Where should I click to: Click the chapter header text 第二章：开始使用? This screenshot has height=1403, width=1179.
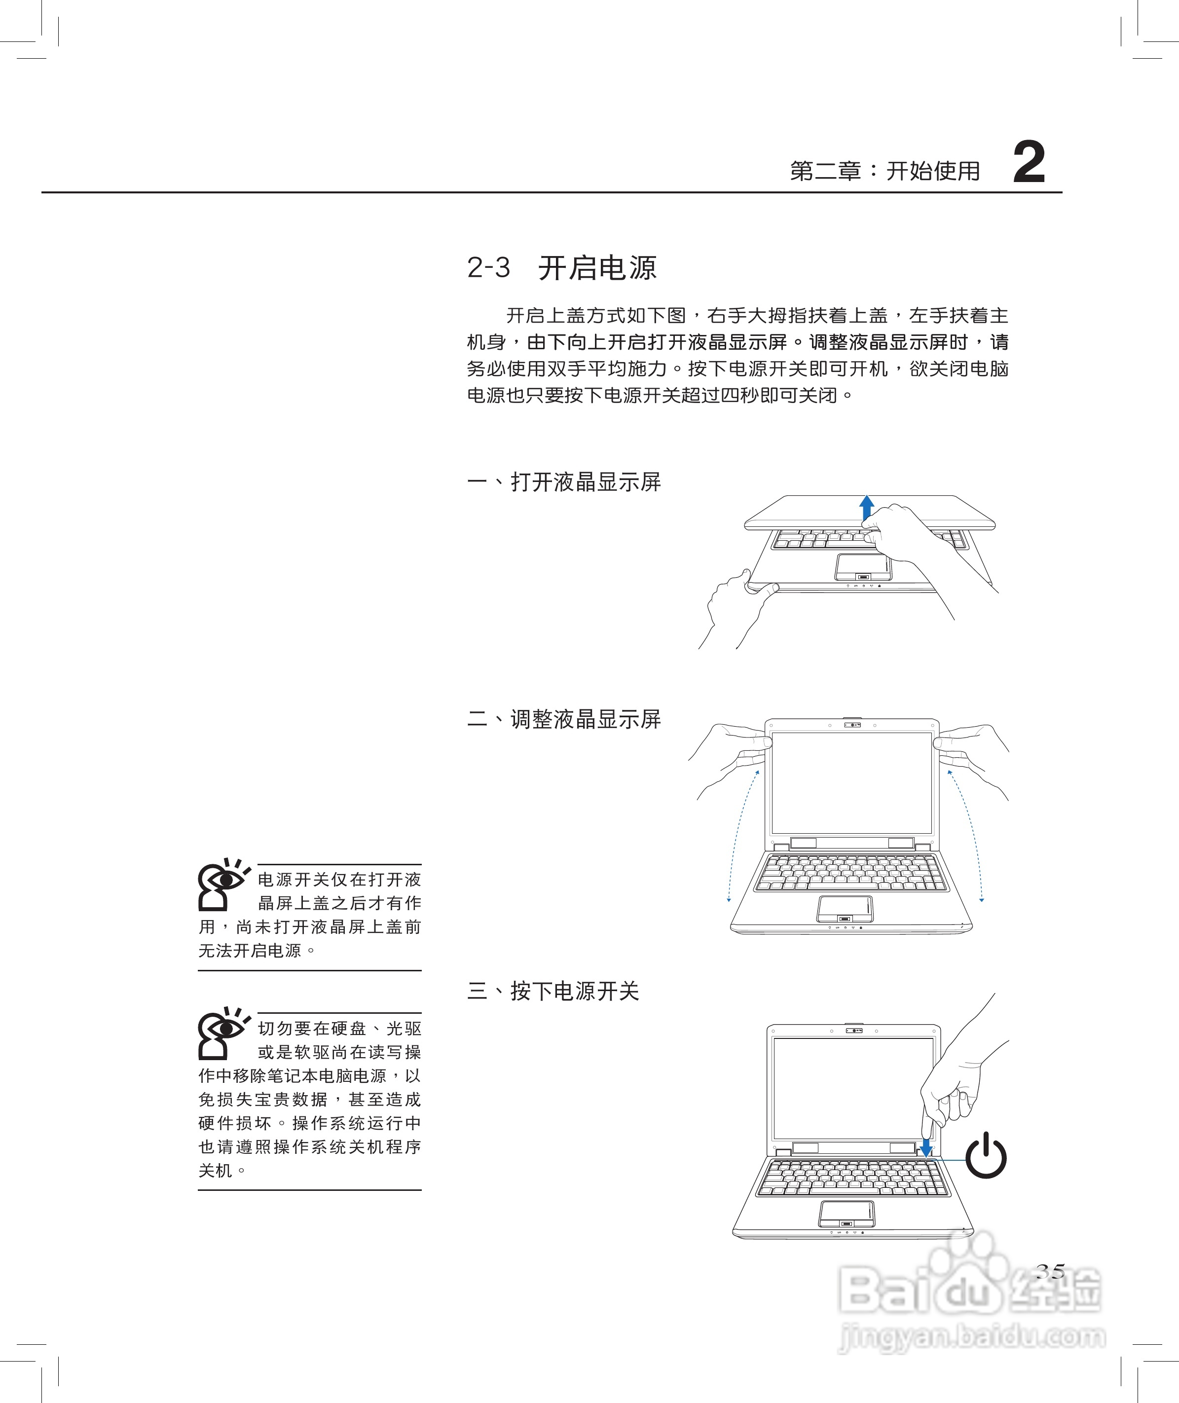coord(884,171)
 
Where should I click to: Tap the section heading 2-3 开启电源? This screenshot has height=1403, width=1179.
coord(561,268)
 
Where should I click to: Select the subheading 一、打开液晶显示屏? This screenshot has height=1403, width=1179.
coord(563,482)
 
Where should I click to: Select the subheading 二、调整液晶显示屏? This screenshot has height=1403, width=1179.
coord(563,719)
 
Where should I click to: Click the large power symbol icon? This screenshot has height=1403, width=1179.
coord(986,1156)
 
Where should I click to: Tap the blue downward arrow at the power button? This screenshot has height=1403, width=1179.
coord(926,1147)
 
